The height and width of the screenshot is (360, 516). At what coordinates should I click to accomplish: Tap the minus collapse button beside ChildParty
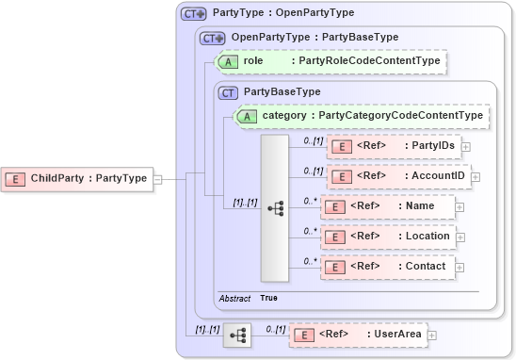tap(157, 178)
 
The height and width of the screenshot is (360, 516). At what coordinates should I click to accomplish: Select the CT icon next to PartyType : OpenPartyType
tap(193, 13)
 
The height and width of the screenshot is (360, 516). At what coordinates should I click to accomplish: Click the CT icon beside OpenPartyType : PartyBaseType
tap(212, 38)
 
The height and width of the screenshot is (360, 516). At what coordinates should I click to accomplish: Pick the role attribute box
tap(330, 61)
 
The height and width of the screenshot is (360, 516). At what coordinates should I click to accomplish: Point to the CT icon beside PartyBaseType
tap(227, 92)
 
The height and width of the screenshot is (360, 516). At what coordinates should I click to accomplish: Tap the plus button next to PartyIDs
tap(466, 147)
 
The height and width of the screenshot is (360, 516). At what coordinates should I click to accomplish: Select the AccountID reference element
tap(396, 176)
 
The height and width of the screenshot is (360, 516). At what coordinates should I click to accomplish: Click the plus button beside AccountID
tap(474, 176)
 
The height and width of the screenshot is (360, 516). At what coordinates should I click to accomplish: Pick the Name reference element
tap(387, 206)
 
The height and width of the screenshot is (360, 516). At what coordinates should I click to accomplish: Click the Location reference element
tap(387, 237)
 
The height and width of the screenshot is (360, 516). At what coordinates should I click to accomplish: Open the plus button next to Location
tap(460, 237)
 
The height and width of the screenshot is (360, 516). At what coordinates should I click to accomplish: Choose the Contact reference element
tap(387, 267)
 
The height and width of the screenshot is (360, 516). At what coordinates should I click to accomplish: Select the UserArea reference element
tap(357, 334)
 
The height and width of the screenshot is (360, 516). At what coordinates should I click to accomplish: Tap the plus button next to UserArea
tap(432, 334)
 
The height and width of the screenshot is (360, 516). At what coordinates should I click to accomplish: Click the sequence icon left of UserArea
tap(238, 335)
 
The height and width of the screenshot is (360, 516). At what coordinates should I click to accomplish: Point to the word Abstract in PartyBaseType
tap(234, 298)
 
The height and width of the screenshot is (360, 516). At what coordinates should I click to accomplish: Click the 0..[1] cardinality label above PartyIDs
tap(314, 140)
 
